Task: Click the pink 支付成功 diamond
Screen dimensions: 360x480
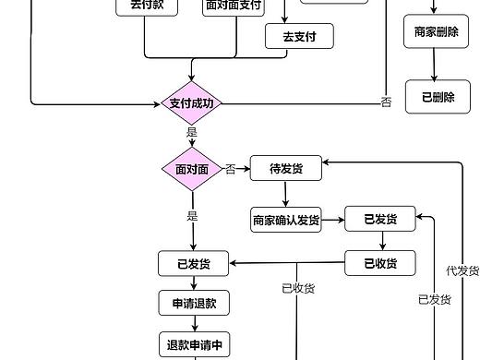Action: point(192,103)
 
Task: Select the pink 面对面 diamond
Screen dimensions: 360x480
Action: point(192,169)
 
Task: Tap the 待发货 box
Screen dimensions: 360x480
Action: point(285,168)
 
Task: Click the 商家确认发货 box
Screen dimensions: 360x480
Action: point(286,220)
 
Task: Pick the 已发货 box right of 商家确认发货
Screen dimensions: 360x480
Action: point(380,220)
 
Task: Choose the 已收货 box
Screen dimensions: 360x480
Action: point(380,263)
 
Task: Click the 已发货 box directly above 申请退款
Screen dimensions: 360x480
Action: point(193,264)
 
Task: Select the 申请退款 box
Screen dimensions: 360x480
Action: point(193,304)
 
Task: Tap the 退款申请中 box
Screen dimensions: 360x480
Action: point(194,346)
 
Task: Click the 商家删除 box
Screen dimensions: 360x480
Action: point(432,32)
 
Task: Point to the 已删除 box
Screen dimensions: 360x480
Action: point(438,97)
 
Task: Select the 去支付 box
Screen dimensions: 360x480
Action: point(299,36)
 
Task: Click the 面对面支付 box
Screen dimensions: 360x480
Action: point(234,6)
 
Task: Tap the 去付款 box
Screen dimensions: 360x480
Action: point(147,6)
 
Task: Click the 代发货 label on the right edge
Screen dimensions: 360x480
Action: point(462,270)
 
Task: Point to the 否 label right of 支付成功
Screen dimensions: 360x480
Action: point(386,102)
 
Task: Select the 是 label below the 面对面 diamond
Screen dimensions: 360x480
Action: point(192,216)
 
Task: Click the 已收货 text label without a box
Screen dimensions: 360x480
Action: point(298,288)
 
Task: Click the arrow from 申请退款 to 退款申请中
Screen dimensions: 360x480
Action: point(195,324)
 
